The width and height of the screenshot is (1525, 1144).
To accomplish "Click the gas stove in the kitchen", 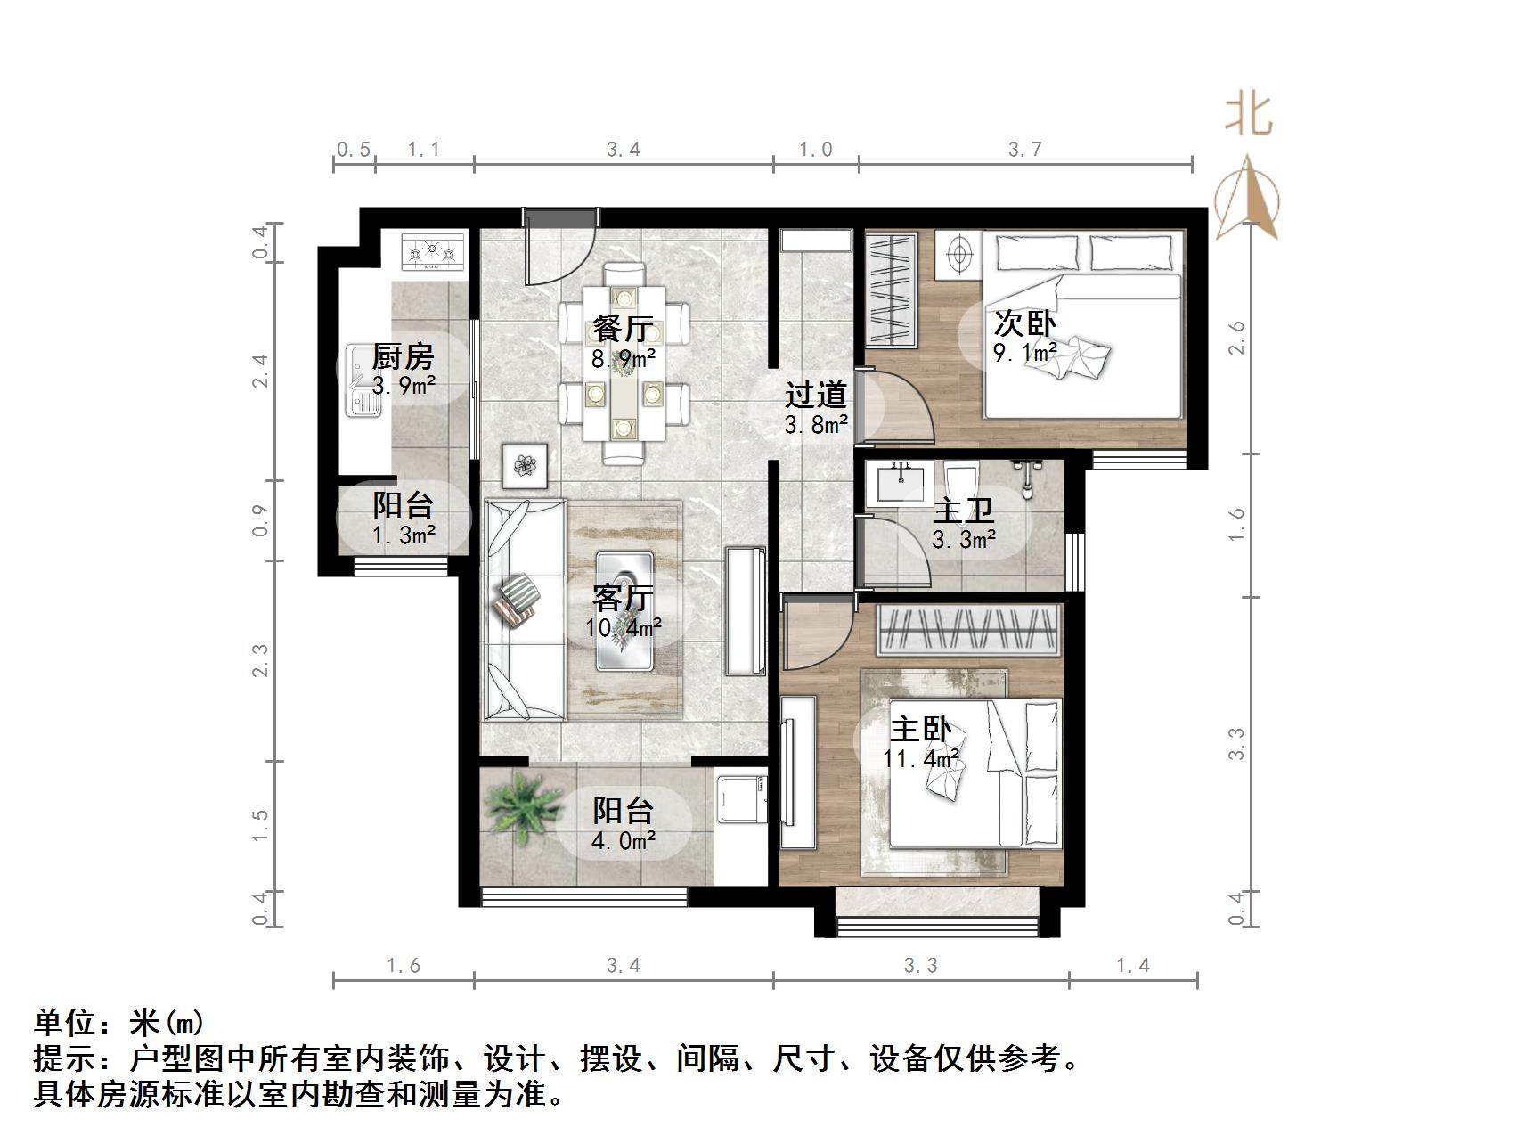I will click(x=433, y=252).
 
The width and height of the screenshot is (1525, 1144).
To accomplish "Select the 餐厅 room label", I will click(x=623, y=329).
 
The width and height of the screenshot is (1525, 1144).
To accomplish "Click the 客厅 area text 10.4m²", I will click(x=623, y=628).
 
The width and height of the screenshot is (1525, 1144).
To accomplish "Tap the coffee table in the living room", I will click(x=624, y=611).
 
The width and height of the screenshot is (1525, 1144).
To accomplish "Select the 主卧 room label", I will click(x=921, y=730).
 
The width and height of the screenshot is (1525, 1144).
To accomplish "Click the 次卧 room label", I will click(x=1024, y=323).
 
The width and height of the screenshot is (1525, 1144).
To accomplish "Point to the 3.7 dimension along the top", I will click(x=1025, y=150).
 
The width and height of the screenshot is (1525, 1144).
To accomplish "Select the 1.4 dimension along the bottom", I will click(x=1133, y=965).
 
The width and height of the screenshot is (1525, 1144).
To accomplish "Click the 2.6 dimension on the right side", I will click(x=1236, y=339).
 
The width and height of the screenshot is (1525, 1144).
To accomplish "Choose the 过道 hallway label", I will click(x=814, y=394).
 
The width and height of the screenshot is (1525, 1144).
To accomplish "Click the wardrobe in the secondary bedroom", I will click(x=892, y=290).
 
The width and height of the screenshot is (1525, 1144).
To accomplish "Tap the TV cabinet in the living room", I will click(x=745, y=610).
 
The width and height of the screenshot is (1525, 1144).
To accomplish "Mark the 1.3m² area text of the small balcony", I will click(x=403, y=535).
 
